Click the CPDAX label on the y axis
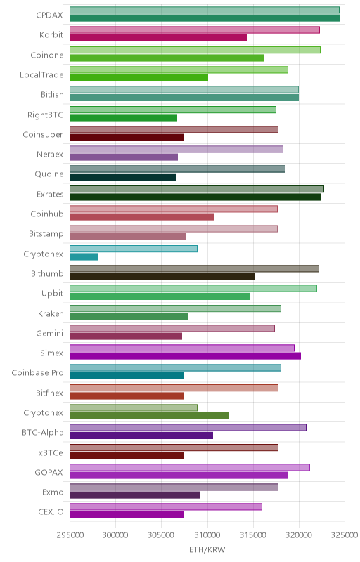49,15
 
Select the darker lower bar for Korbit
158,38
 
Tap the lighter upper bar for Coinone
195,50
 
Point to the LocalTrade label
41,75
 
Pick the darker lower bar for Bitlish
184,98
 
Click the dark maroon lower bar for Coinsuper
127,137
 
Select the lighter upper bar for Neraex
176,149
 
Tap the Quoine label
49,174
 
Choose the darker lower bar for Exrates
195,197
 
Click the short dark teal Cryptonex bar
84,256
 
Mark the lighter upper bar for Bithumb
194,268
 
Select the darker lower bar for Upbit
160,296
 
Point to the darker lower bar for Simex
186,356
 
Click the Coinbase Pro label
37,373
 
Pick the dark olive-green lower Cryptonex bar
150,415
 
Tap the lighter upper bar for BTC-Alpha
188,428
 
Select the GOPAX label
49,472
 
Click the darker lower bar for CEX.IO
127,515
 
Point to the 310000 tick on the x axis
207,535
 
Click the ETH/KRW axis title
207,550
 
